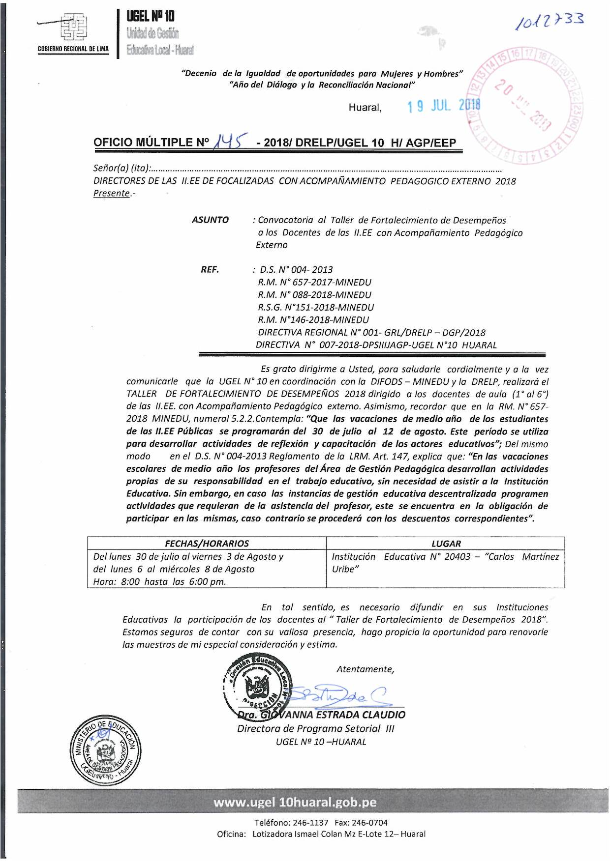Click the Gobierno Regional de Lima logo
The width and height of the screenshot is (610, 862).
click(73, 29)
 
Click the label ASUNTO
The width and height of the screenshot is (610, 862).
click(210, 220)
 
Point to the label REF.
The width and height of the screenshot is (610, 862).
click(210, 269)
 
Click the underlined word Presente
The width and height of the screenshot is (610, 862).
click(112, 193)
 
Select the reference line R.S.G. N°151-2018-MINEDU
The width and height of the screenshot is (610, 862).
click(315, 307)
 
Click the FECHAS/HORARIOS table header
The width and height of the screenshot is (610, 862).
click(207, 543)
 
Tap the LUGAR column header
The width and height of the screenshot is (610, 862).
click(446, 543)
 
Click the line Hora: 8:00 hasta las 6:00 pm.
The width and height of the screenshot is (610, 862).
click(159, 581)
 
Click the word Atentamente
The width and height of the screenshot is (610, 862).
click(365, 669)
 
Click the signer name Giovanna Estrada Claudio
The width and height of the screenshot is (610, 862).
click(322, 715)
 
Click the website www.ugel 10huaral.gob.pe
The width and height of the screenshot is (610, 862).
click(295, 802)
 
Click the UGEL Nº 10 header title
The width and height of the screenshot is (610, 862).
click(151, 16)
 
